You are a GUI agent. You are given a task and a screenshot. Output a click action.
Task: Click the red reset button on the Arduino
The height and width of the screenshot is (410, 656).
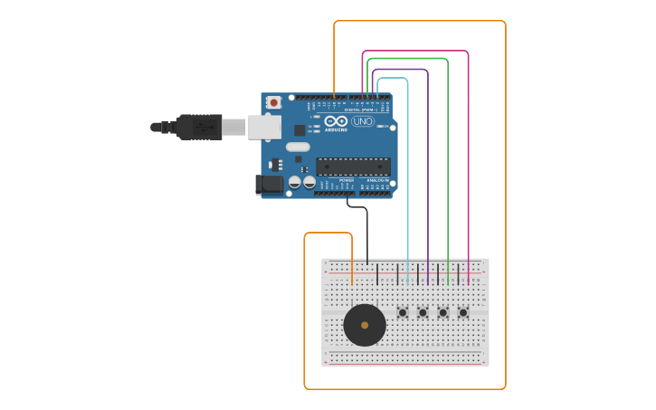coord(273,102)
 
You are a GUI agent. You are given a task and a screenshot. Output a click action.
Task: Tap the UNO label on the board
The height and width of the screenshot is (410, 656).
coord(363,121)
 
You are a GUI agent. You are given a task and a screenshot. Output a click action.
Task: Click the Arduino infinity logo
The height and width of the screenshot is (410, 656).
coord(337,120)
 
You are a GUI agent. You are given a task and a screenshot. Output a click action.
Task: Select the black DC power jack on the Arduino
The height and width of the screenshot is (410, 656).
coord(269,185)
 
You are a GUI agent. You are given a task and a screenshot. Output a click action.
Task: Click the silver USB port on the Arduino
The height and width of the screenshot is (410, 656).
coord(264,127)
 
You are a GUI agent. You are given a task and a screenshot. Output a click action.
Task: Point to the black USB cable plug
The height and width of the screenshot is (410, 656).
coord(199,127)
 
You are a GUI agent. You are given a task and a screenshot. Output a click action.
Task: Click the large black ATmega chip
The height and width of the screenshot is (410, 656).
coord(353,167)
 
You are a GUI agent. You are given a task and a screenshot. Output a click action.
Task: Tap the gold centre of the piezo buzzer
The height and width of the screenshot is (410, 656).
coord(365,325)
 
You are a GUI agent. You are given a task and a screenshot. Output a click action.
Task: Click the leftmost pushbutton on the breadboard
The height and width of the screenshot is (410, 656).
coord(403,313)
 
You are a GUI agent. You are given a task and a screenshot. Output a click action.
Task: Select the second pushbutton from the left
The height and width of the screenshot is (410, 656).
coord(423,313)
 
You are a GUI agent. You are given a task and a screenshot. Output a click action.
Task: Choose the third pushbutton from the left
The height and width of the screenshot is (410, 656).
coord(442,313)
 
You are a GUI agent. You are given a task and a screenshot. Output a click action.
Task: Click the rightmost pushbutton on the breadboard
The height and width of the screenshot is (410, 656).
coord(463,313)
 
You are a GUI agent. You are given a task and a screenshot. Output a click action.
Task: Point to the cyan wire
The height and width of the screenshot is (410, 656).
coord(407,181)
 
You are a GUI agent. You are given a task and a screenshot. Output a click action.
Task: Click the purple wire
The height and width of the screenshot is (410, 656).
coord(428,181)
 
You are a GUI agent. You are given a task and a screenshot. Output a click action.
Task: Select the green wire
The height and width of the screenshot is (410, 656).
coord(448,181)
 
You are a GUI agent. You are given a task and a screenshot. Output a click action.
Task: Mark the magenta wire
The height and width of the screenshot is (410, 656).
coord(468,181)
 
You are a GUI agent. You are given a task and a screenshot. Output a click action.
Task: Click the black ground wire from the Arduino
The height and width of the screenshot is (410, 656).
coord(367,235)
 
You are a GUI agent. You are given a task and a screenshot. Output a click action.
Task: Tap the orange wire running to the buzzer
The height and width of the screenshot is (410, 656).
coord(305,308)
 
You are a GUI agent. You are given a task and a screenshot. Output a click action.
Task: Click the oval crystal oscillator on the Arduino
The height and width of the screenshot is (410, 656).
coord(298,147)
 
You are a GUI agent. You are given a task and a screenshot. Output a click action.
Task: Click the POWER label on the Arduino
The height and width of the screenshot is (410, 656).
coord(347,180)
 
